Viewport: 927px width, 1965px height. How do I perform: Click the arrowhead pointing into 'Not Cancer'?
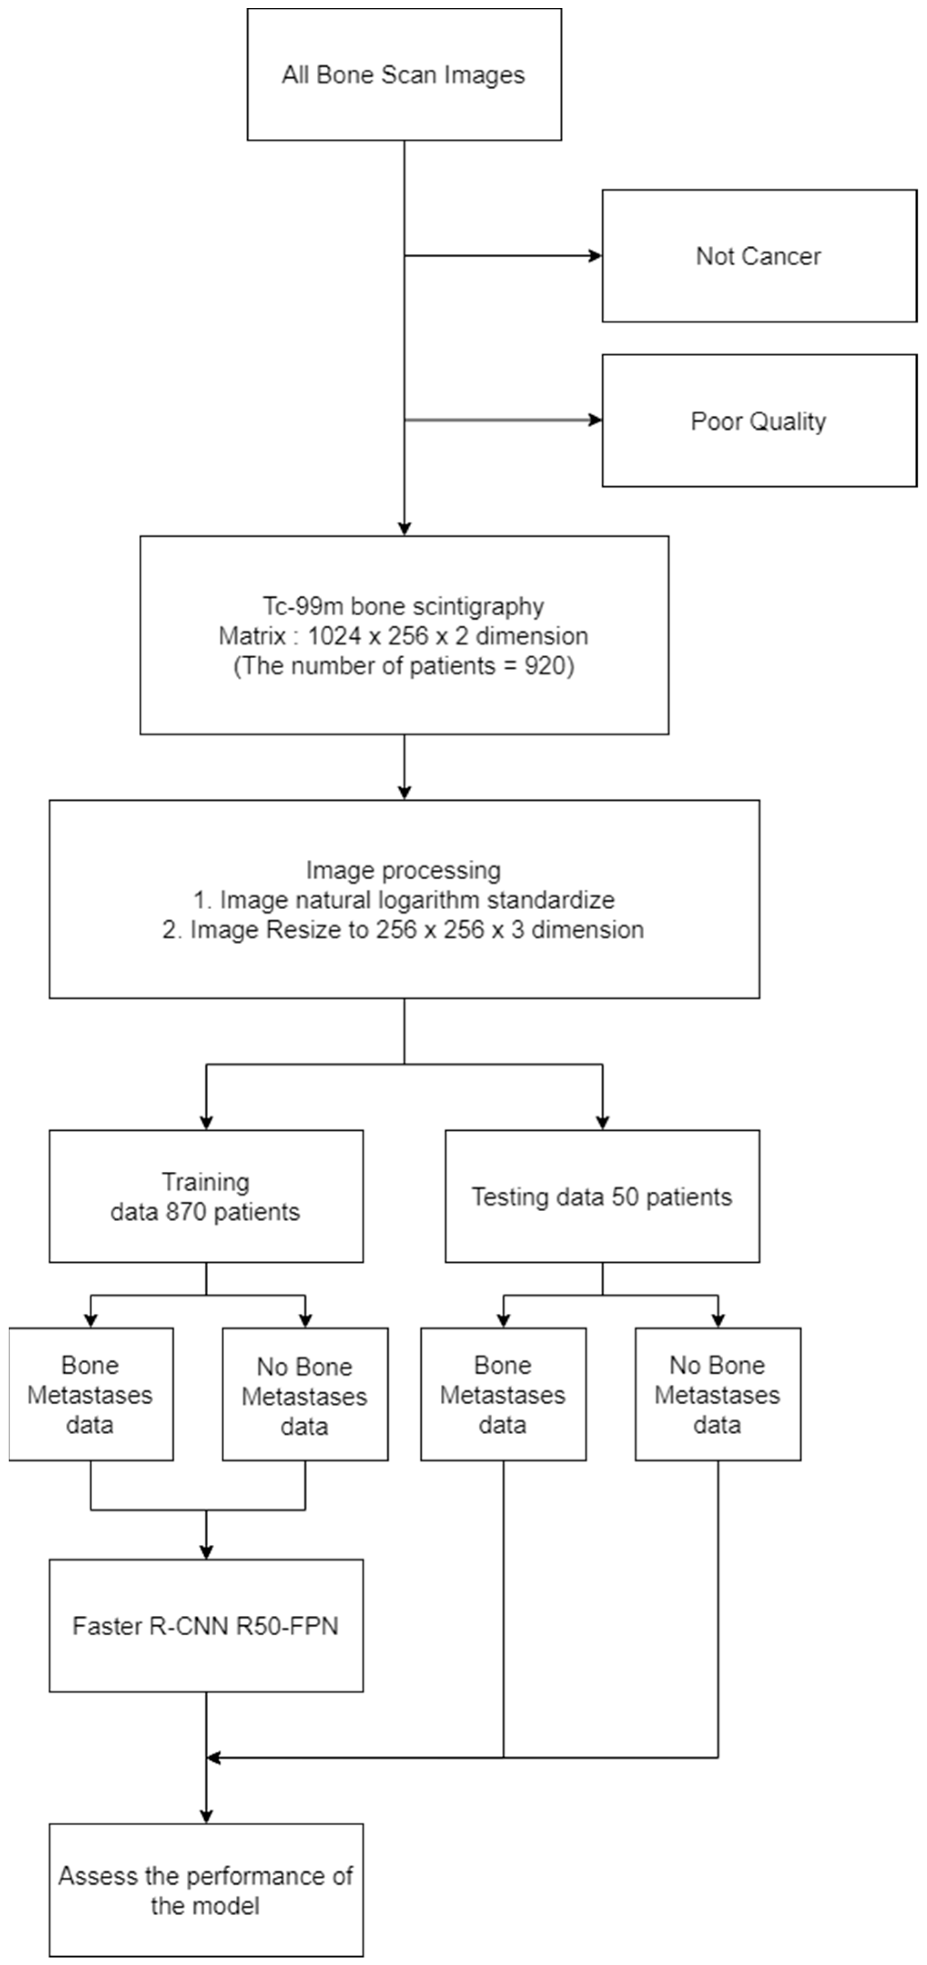tap(595, 256)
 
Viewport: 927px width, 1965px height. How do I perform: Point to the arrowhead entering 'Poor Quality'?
tap(595, 419)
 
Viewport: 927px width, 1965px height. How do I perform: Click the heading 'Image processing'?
tap(403, 870)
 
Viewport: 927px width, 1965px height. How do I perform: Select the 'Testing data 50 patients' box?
tap(602, 1196)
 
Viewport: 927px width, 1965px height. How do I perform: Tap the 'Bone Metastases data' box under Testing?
tap(503, 1395)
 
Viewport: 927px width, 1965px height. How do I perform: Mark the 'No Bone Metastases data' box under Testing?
tap(717, 1395)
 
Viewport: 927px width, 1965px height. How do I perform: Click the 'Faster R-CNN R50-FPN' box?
tap(205, 1626)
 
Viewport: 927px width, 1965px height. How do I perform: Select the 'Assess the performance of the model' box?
tap(205, 1890)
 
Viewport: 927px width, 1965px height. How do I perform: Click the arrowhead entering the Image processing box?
tap(404, 792)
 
